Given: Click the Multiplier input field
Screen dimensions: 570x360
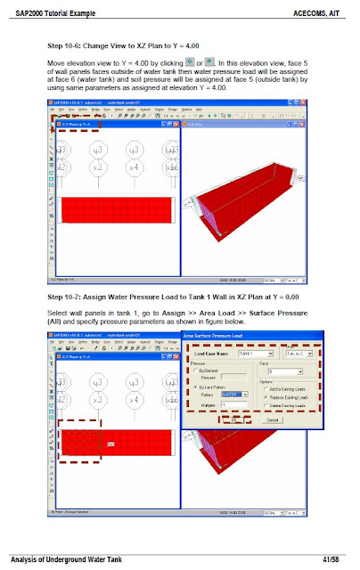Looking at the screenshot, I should point(231,405).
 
